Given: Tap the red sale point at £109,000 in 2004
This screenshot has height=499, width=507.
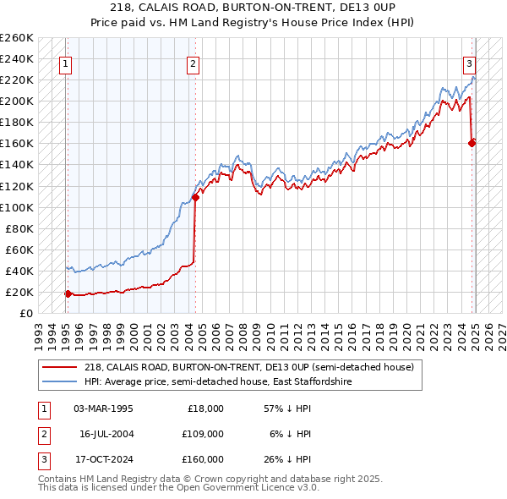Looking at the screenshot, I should tap(195, 197).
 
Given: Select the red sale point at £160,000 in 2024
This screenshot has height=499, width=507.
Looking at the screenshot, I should tap(472, 143).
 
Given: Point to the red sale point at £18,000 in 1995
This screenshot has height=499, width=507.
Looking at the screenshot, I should tap(68, 293).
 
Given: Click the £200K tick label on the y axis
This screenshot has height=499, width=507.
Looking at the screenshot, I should tap(17, 101).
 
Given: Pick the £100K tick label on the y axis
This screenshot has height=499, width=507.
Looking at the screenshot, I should tap(17, 207).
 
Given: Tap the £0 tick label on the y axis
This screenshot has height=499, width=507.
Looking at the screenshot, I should tap(25, 313).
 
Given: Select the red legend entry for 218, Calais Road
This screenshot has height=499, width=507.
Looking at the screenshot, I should tap(248, 367).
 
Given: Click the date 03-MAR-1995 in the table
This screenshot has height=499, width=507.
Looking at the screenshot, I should tap(103, 409).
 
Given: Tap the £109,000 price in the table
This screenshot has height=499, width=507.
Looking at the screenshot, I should tap(204, 434).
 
